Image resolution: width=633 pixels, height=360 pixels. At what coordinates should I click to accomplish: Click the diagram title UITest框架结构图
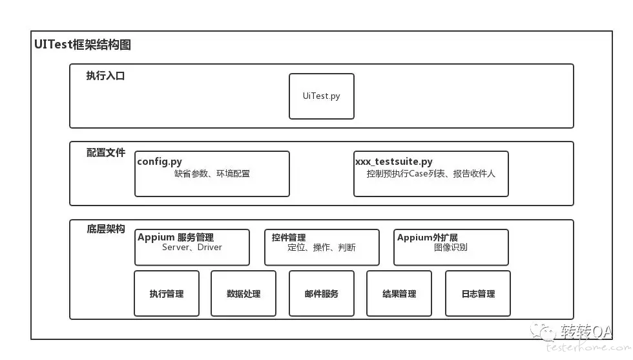pos(83,45)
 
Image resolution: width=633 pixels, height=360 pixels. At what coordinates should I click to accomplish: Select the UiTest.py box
pos(322,96)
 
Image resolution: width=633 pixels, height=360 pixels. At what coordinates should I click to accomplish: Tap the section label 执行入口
pos(105,76)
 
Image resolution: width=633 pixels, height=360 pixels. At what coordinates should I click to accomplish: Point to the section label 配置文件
pos(106,153)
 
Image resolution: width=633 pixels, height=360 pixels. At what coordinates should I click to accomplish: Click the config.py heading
pos(160,162)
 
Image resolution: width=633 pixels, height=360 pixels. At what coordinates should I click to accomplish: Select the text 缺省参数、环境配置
pos(212,174)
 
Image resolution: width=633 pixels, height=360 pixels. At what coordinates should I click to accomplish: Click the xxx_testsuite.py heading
pos(394,162)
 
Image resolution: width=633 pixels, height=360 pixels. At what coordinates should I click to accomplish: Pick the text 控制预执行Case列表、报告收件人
pos(431,174)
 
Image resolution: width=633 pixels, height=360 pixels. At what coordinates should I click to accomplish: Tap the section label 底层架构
pos(106,229)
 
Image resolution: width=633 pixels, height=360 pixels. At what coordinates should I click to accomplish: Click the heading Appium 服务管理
pos(176,237)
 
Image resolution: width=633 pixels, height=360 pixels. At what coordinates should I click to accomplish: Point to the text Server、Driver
pos(192,248)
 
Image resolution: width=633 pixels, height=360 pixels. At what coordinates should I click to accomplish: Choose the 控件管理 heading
pos(289,237)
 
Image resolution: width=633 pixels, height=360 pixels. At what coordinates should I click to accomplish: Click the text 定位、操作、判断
pos(322,248)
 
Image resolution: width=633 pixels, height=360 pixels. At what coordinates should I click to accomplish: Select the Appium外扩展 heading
pos(428,237)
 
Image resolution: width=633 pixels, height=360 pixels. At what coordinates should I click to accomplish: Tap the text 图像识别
pos(451,248)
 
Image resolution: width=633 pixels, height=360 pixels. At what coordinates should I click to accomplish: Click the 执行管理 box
pos(167,293)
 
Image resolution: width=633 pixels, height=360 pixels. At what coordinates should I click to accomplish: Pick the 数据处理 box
pos(244,293)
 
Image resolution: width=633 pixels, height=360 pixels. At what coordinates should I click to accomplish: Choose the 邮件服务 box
pos(322,293)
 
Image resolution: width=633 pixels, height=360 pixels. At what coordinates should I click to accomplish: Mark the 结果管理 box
pos(399,293)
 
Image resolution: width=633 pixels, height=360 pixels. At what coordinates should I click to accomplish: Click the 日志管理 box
pos(478,293)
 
